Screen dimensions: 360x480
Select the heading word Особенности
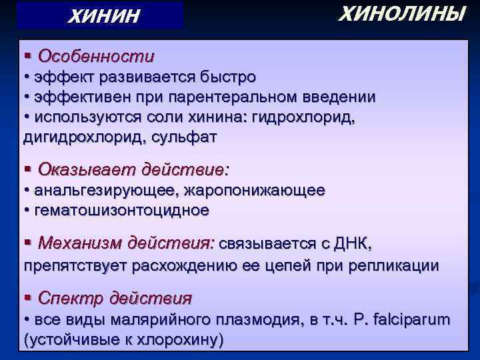pyautogui.click(x=97, y=56)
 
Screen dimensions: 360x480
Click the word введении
pyautogui.click(x=339, y=97)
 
